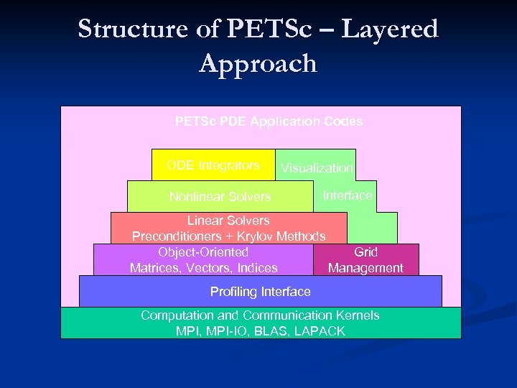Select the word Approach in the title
pyautogui.click(x=258, y=63)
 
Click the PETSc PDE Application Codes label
pyautogui.click(x=269, y=121)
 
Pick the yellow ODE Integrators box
pyautogui.click(x=213, y=165)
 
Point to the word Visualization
pyautogui.click(x=317, y=168)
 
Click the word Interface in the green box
pyautogui.click(x=348, y=195)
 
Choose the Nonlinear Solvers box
pyautogui.click(x=220, y=196)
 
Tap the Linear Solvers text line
pyautogui.click(x=228, y=221)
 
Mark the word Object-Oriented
pyautogui.click(x=203, y=252)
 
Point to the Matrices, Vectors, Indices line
pyautogui.click(x=203, y=268)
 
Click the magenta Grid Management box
pyautogui.click(x=365, y=260)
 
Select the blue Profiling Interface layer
pyautogui.click(x=260, y=292)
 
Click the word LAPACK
pyautogui.click(x=318, y=331)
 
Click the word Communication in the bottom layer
pyautogui.click(x=288, y=315)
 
